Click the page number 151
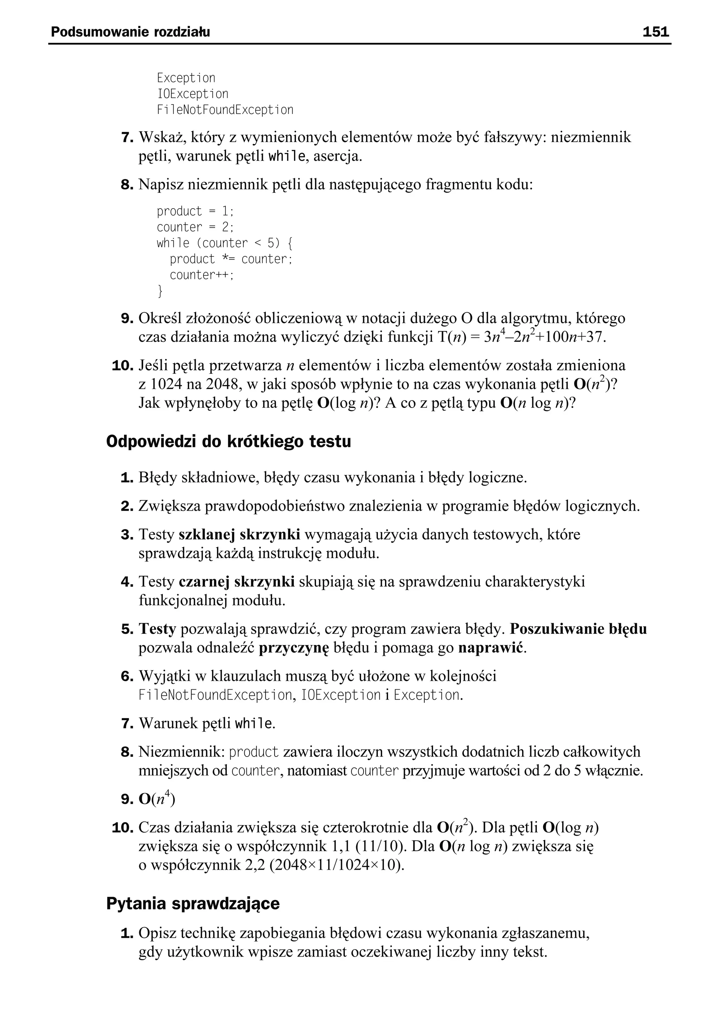coord(656,32)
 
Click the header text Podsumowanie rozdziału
coord(130,32)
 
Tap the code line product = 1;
coord(195,211)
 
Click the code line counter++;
coord(201,275)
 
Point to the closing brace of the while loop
coord(160,291)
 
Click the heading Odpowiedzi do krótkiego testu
coord(228,442)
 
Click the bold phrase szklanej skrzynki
coord(239,535)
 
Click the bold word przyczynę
coord(294,648)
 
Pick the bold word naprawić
coord(491,648)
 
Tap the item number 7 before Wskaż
coord(127,138)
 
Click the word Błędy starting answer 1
coord(158,478)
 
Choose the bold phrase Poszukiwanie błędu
coord(578,629)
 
